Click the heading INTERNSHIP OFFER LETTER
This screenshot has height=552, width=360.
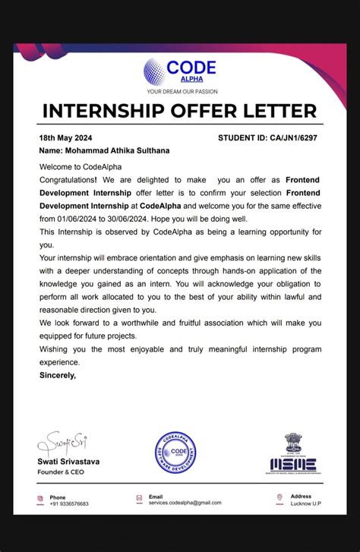pos(179,111)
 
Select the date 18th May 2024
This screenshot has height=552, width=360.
pos(66,138)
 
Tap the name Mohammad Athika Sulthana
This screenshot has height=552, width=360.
pos(104,150)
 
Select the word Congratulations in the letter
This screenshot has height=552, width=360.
pos(68,180)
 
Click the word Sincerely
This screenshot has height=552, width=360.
pos(57,374)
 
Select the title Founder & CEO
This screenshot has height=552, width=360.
pos(62,472)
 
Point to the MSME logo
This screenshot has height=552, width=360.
pos(293,464)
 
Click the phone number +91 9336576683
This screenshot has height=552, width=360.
pos(69,503)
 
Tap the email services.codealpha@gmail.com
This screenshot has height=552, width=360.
pos(185,503)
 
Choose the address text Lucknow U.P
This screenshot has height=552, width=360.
pos(306,503)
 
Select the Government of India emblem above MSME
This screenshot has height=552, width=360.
pos(293,443)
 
